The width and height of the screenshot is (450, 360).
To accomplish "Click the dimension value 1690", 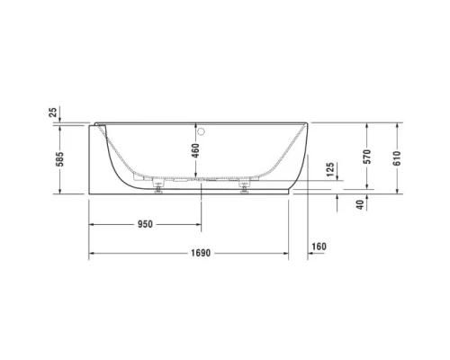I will click(199, 254).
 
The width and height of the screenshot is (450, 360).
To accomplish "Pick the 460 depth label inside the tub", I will click(195, 151).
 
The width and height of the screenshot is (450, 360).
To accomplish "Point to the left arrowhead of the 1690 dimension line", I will click(90, 255).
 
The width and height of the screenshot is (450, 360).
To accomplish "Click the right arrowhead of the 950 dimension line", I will click(200, 224).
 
